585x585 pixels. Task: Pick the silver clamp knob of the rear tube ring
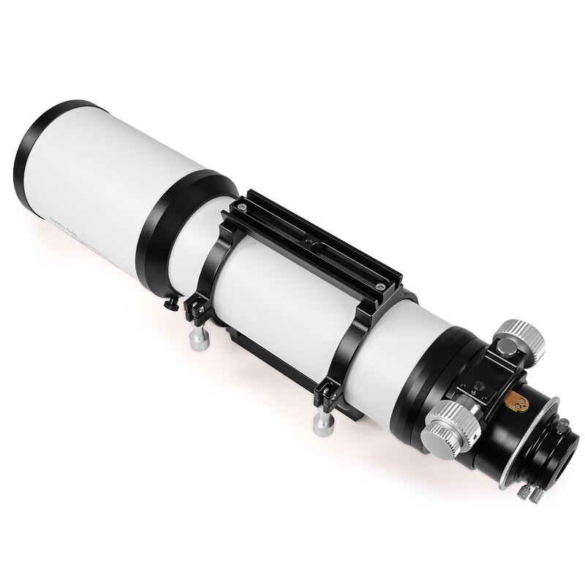click(321, 423)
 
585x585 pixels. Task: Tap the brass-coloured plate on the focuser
click(516, 401)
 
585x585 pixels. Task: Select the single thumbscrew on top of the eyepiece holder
click(563, 423)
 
